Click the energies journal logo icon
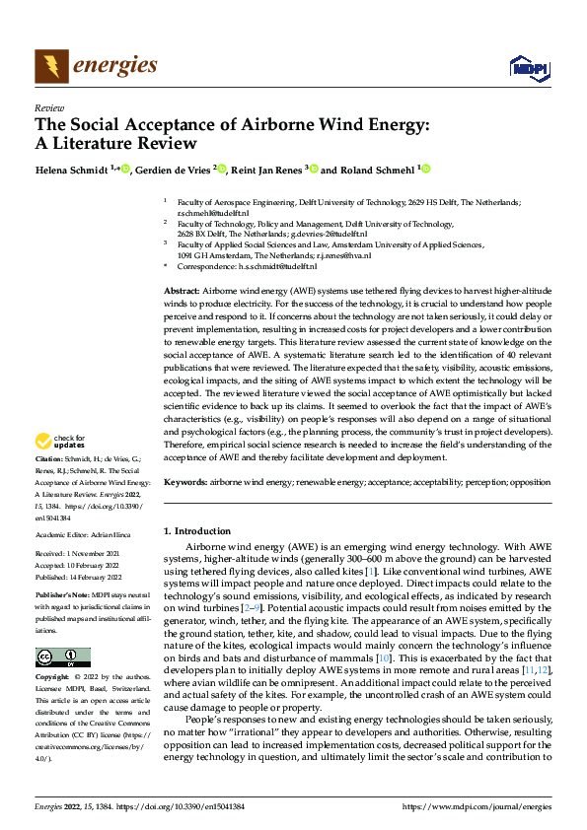(x=50, y=66)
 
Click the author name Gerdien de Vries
(x=174, y=169)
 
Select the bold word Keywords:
(x=184, y=484)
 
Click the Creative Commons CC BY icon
(x=63, y=657)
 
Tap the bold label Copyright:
(x=52, y=678)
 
